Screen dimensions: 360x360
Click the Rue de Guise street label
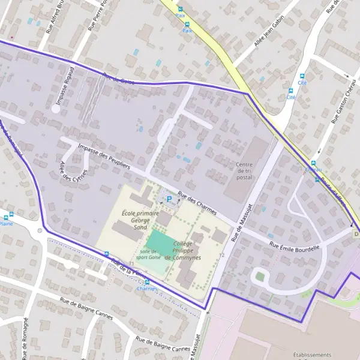click(x=118, y=78)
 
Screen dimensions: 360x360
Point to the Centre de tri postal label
click(x=244, y=171)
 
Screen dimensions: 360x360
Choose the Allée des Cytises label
click(x=74, y=168)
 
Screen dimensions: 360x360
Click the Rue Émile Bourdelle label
click(x=295, y=247)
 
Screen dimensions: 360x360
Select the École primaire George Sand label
click(x=134, y=220)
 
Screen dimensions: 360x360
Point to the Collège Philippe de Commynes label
click(x=182, y=250)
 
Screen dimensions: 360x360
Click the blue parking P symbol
click(x=169, y=199)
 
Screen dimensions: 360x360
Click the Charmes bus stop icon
click(x=147, y=281)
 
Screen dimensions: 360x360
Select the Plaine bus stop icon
click(x=7, y=217)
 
